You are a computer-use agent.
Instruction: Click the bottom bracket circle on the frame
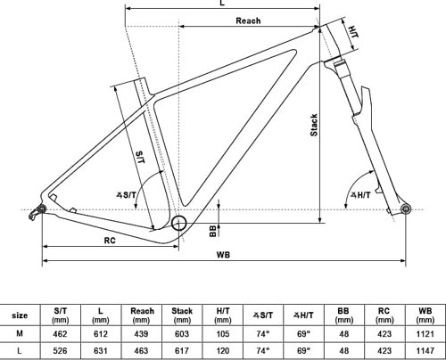[180, 224]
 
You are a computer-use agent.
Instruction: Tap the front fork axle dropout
[406, 209]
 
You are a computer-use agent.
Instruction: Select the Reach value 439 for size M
[140, 333]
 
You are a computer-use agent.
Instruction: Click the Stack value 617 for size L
[182, 350]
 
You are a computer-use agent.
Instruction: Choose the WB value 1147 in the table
[425, 350]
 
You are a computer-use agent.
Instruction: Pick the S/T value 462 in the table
[61, 333]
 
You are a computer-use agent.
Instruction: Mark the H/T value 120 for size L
[222, 350]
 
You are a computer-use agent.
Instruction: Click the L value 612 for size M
[100, 333]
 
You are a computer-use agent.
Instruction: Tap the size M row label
[20, 333]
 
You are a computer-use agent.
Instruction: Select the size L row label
[20, 350]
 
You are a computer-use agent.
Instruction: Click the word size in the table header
[20, 315]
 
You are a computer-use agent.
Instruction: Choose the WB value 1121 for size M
[425, 333]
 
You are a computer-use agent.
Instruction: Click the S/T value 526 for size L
[61, 350]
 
